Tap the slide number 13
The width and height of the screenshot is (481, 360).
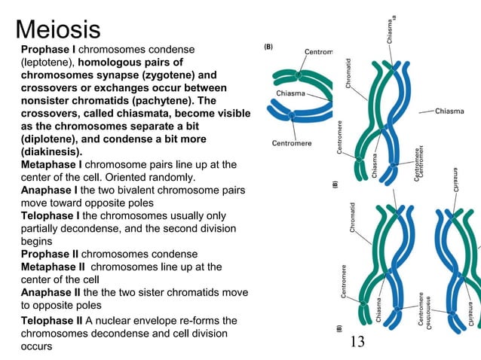[x=357, y=342]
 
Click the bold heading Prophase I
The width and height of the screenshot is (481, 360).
[x=47, y=49]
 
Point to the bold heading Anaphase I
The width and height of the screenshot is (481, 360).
[x=49, y=191]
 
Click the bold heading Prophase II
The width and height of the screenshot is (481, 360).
[x=50, y=255]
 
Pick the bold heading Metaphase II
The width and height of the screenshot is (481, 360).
[x=54, y=267]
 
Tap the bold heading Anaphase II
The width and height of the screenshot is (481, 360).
[x=51, y=292]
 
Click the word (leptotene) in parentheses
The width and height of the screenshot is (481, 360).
[x=47, y=62]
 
